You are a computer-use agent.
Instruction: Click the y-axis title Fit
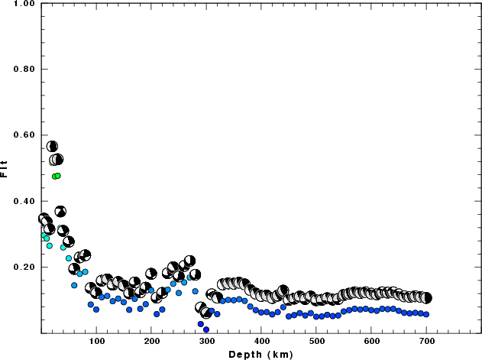coord(5,167)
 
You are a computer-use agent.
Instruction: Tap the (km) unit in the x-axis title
coord(280,354)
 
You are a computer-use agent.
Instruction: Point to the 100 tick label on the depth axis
coord(96,341)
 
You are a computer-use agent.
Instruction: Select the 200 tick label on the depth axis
coord(151,341)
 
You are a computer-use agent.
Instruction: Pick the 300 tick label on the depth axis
coord(206,341)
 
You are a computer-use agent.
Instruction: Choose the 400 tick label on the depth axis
coord(261,341)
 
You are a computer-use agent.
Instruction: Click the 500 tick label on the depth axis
coord(316,341)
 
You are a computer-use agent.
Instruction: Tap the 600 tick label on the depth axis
coord(371,341)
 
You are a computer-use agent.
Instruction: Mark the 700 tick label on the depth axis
coord(426,341)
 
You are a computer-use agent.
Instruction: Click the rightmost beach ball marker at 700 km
coord(426,298)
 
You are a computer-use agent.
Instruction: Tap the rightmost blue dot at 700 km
coord(426,314)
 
